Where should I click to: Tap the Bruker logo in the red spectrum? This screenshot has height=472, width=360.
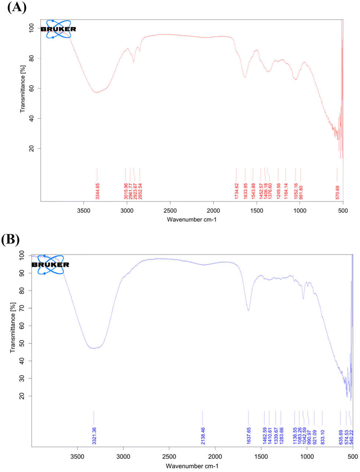tap(58, 29)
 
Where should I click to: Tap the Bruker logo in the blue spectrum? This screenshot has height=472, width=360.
tap(50, 265)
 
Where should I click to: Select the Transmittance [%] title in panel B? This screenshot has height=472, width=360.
tap(13, 328)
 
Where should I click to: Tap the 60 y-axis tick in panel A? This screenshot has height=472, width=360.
tap(32, 89)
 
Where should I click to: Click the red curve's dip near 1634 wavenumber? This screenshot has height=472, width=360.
tap(245, 77)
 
